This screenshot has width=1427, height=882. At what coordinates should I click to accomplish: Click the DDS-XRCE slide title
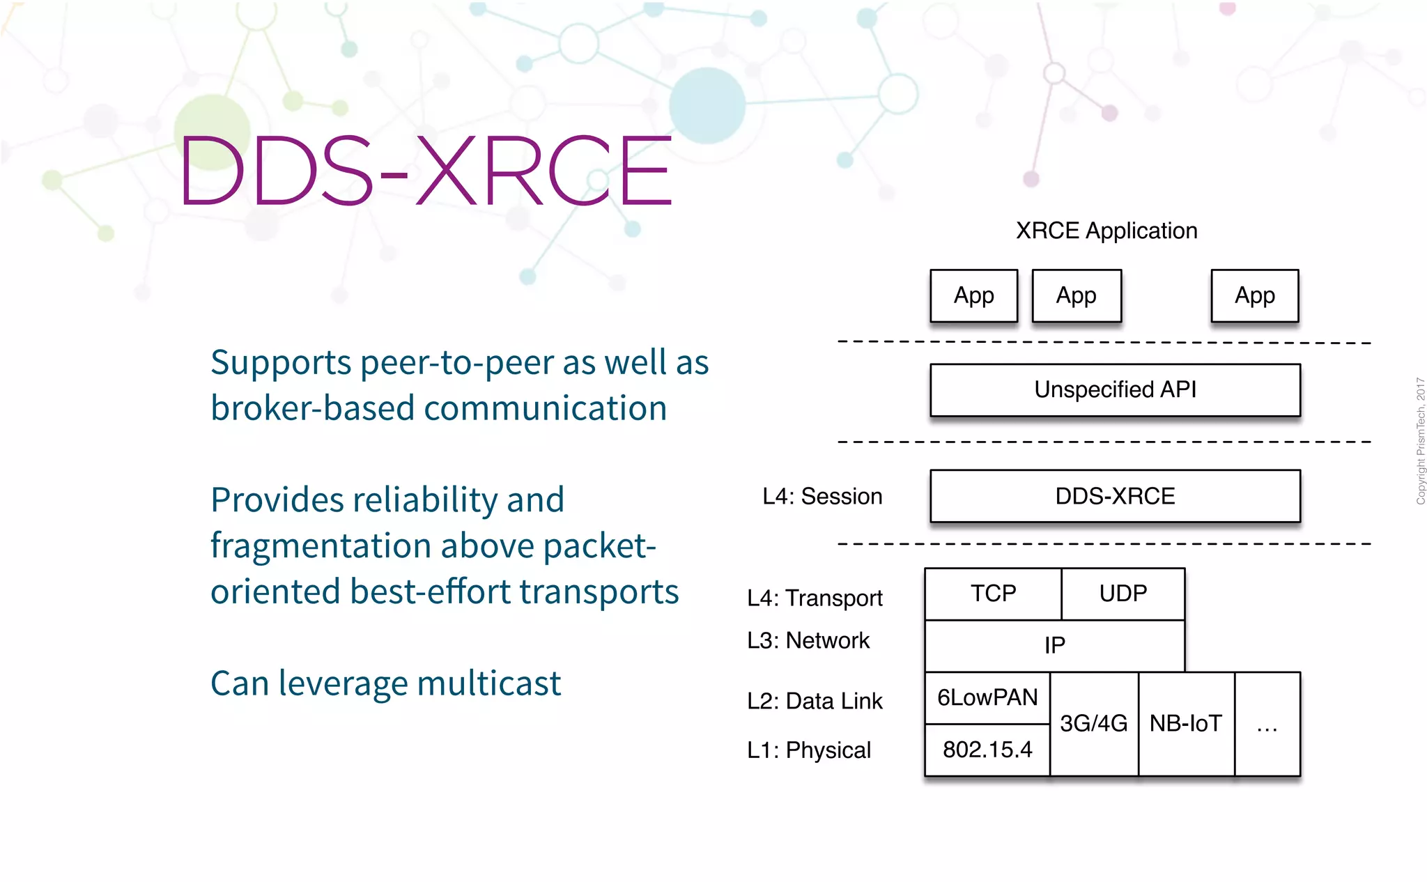pyautogui.click(x=425, y=171)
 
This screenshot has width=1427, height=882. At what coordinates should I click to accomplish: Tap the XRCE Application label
pyautogui.click(x=1106, y=231)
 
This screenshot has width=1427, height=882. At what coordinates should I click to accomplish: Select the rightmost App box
pyautogui.click(x=1254, y=295)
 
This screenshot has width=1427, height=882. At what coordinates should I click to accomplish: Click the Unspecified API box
pyautogui.click(x=1115, y=389)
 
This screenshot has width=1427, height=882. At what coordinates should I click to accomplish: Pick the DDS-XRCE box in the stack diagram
pyautogui.click(x=1115, y=496)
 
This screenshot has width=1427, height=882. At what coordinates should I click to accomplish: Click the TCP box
pyautogui.click(x=993, y=594)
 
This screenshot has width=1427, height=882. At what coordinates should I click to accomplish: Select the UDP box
pyautogui.click(x=1123, y=594)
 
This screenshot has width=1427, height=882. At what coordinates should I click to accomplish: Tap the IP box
pyautogui.click(x=1054, y=646)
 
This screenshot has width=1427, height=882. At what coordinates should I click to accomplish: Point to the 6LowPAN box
pyautogui.click(x=987, y=697)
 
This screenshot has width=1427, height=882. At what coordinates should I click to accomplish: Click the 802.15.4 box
pyautogui.click(x=987, y=750)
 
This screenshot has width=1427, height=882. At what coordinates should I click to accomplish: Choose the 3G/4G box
pyautogui.click(x=1093, y=724)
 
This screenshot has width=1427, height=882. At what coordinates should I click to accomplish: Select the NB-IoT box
pyautogui.click(x=1186, y=724)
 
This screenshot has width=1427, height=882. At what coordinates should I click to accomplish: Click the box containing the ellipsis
pyautogui.click(x=1267, y=725)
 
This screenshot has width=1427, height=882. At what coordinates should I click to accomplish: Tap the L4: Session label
pyautogui.click(x=822, y=496)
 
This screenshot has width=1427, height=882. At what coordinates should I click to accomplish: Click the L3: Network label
pyautogui.click(x=808, y=640)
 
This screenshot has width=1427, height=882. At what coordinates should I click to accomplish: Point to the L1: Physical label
pyautogui.click(x=809, y=750)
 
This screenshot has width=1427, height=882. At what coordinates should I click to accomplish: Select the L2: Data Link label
pyautogui.click(x=815, y=701)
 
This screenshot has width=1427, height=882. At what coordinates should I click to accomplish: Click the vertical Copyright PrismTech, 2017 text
pyautogui.click(x=1420, y=441)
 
